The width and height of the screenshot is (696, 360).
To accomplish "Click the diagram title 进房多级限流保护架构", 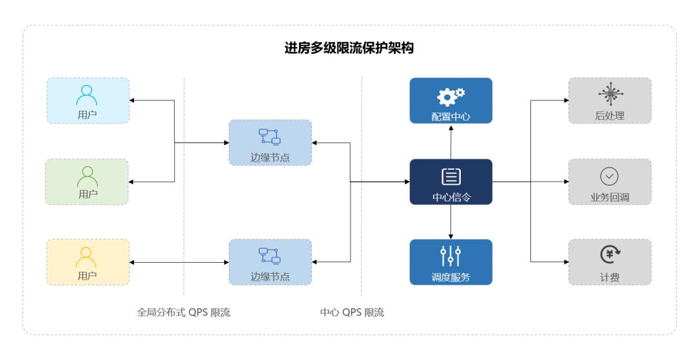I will [348, 49].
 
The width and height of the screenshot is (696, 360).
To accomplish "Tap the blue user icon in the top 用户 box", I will [87, 95].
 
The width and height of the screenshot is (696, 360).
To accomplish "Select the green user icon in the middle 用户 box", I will [87, 175].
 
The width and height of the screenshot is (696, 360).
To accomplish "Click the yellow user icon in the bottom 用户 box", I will [87, 256].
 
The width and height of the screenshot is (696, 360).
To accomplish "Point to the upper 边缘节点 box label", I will [269, 156].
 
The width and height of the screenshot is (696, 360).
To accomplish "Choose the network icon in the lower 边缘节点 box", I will [269, 256].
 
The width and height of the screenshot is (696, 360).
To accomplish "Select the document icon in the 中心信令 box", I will [450, 176].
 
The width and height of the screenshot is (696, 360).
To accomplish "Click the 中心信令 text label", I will [450, 197].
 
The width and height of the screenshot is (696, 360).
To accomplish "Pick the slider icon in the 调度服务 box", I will [450, 256].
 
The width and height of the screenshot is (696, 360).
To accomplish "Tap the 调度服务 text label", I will [450, 278].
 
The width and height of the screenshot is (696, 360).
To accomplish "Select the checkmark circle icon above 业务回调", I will [609, 175].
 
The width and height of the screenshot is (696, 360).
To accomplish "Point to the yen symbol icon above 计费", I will [609, 256].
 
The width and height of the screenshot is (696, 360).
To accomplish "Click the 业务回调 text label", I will [609, 197].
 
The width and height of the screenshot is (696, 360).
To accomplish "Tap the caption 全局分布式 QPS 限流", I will [184, 313].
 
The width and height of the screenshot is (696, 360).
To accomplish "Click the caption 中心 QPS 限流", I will [352, 313].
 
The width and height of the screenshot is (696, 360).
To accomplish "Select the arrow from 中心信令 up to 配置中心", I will [450, 142].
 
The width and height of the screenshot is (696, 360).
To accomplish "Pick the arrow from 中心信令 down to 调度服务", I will [450, 222].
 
